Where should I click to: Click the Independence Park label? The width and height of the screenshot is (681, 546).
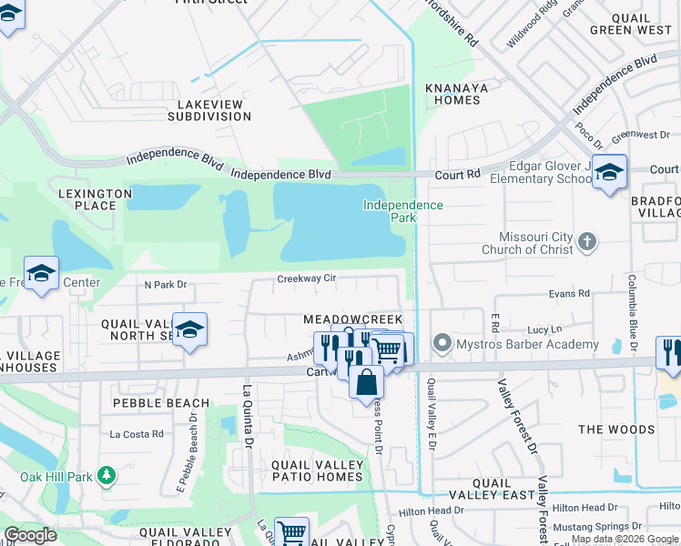tap(402, 211)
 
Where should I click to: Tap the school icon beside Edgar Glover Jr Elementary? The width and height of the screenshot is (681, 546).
tap(608, 171)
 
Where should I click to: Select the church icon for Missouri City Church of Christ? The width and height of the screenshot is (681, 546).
tap(588, 241)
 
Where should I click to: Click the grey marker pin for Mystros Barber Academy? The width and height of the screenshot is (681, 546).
tap(442, 344)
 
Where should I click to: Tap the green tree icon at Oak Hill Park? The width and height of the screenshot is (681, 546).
tap(107, 475)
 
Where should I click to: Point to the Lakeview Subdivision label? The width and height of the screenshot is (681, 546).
tap(208, 110)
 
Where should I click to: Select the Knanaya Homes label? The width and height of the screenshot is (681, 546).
tap(452, 94)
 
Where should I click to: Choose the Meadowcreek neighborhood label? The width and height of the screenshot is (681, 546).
tap(351, 320)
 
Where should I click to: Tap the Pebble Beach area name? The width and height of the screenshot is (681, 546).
tap(160, 403)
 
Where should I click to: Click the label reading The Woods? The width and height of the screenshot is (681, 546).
tap(615, 430)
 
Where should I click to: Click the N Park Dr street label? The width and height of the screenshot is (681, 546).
tap(165, 285)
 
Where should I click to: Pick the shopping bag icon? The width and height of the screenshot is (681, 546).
tap(366, 382)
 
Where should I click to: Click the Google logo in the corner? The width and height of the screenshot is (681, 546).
tap(30, 535)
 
